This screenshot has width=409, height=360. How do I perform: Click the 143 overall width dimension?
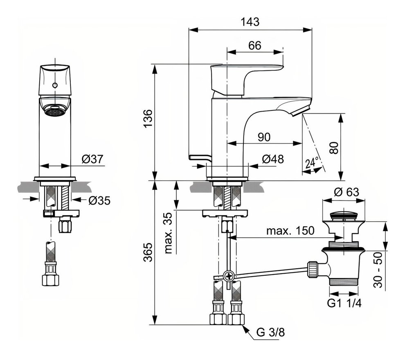250,22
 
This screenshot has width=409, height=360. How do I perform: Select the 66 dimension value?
254,45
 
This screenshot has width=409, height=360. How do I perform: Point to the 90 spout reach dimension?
264,137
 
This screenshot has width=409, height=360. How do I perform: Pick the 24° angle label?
312,163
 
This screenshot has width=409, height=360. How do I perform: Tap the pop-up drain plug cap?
344,214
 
